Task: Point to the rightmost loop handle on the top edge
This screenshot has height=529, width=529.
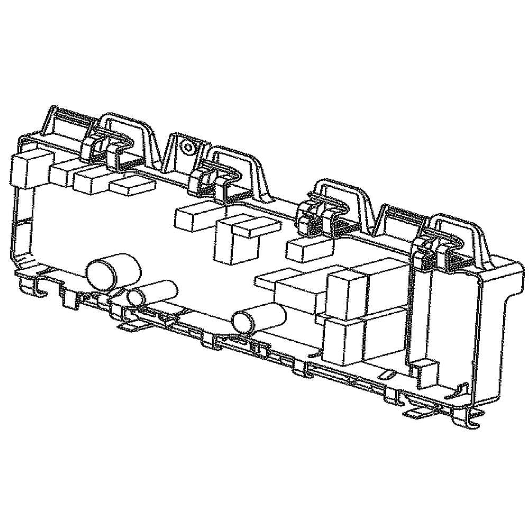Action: pos(458,233)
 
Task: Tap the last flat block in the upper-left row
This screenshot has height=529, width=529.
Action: pos(132,185)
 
